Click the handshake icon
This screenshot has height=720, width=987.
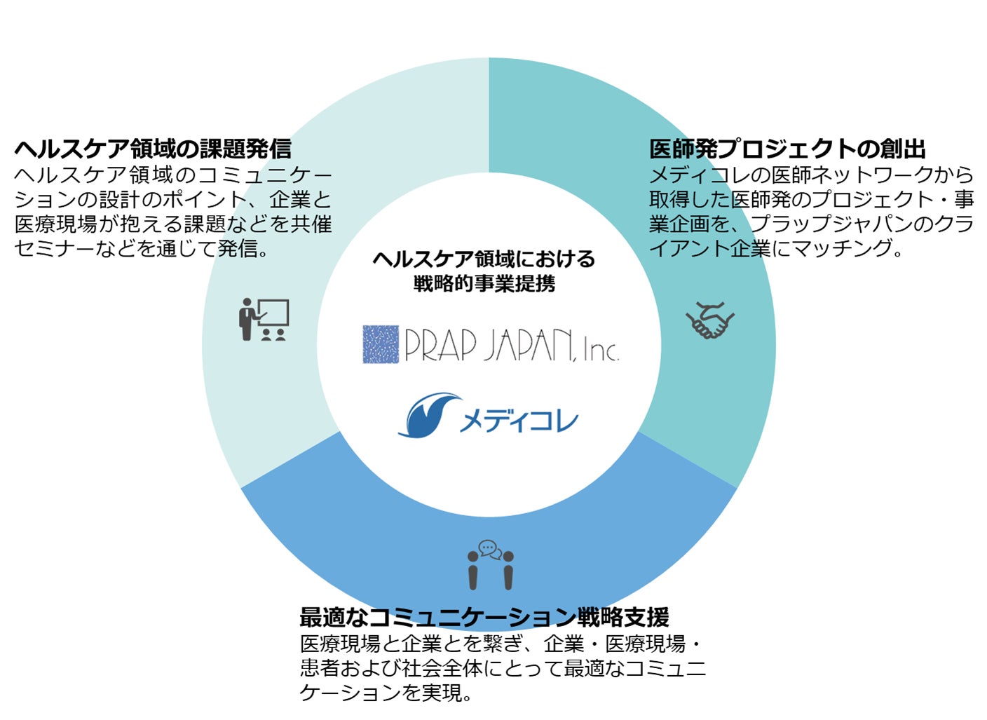(709, 320)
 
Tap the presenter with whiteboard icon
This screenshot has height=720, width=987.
(263, 320)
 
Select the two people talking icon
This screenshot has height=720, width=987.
(490, 565)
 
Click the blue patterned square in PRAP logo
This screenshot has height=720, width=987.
(381, 344)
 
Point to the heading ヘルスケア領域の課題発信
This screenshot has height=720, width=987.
(153, 149)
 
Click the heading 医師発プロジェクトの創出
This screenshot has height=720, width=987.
(787, 149)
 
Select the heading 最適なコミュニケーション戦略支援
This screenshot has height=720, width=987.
(484, 617)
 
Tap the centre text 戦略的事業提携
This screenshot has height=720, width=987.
(484, 283)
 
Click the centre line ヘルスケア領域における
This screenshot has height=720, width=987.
(484, 259)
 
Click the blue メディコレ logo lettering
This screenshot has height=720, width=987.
(519, 421)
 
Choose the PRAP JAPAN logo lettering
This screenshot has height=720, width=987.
(489, 344)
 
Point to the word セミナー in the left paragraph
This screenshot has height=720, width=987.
(53, 248)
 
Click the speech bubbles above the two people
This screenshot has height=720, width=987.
(490, 549)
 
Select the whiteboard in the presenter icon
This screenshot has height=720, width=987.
(273, 313)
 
